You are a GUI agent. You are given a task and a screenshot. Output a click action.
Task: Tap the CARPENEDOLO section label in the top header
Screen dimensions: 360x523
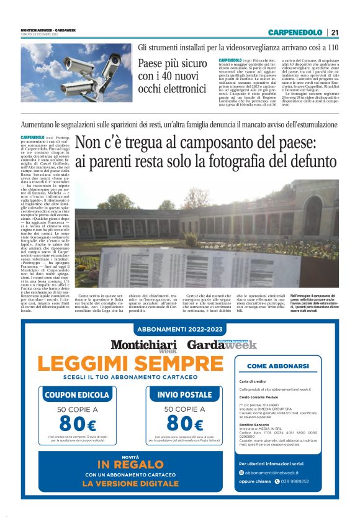(x=295, y=32)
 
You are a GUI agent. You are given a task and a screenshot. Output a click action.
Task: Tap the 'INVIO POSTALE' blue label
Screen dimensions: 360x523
(x=176, y=394)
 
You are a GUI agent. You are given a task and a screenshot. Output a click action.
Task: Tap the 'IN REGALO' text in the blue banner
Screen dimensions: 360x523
(x=129, y=465)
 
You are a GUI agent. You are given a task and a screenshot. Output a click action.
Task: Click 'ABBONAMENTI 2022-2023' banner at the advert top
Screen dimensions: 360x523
(x=180, y=329)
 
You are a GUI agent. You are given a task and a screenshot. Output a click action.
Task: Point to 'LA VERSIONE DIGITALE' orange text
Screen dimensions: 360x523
(x=130, y=483)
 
